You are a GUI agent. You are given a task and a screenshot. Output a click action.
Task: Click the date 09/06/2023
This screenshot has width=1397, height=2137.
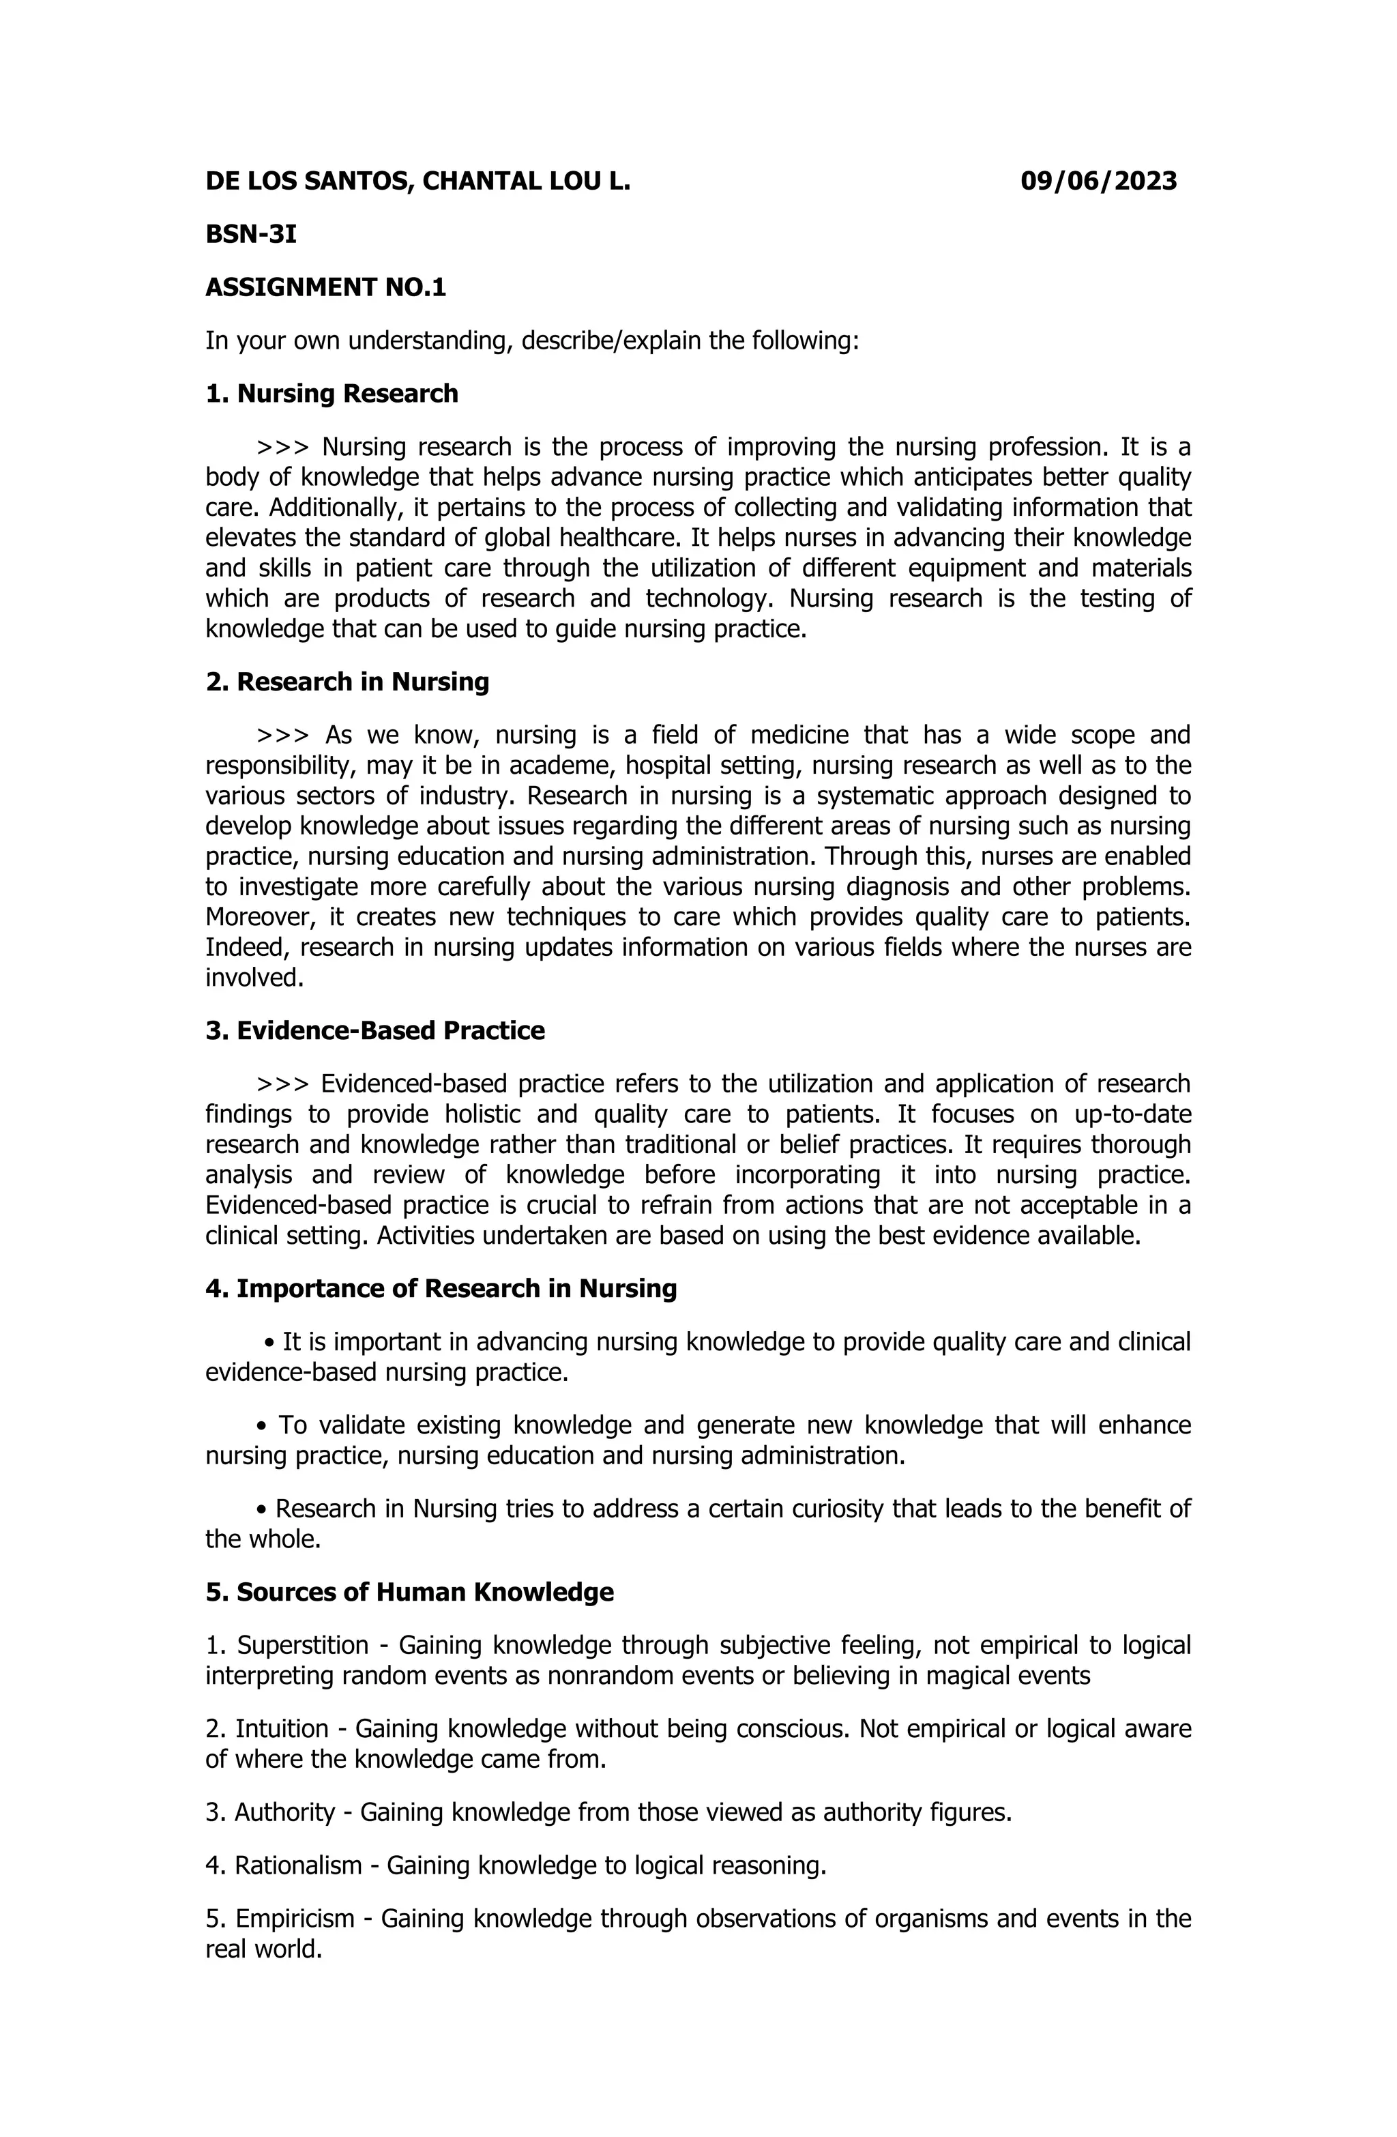pos(1098,181)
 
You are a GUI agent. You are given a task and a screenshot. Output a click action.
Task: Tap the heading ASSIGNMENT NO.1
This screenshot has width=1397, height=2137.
pos(325,287)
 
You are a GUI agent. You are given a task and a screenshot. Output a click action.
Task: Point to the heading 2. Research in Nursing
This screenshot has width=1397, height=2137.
pos(347,682)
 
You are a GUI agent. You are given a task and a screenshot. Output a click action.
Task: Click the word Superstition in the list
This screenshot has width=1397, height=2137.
pos(303,1645)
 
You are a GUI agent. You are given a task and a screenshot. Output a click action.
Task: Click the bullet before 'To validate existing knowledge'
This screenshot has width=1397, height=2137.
pos(262,1426)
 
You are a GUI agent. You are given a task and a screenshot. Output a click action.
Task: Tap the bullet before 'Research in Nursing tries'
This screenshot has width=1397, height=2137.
pos(262,1509)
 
